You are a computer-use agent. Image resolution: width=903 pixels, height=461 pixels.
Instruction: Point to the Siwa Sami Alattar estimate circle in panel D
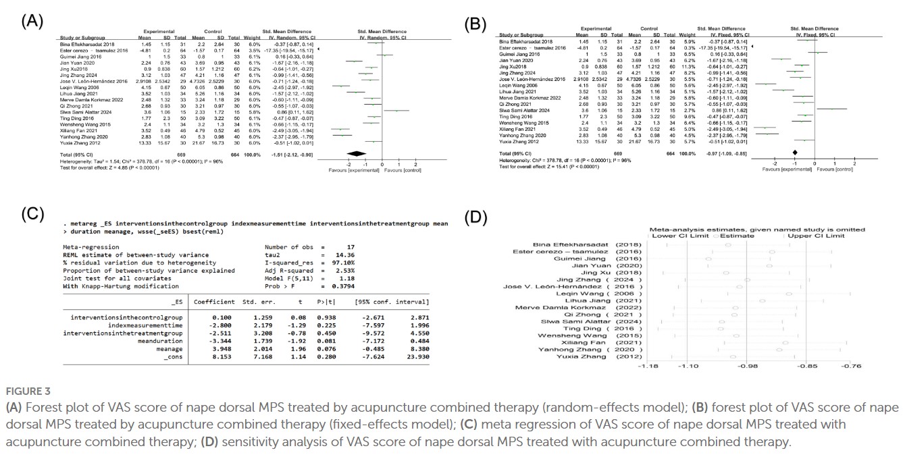coord(721,323)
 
